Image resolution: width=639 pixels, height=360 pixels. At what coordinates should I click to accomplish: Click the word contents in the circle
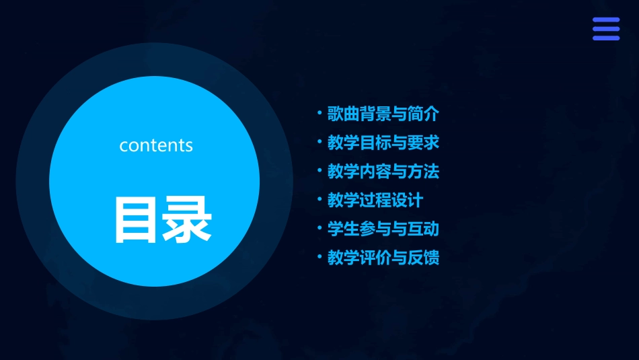click(x=156, y=145)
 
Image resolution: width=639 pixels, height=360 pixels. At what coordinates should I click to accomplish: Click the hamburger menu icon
click(x=606, y=29)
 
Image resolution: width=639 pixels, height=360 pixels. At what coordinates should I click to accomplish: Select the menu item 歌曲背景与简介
click(x=383, y=114)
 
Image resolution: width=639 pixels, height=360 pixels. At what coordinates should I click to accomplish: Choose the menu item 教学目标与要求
click(x=383, y=143)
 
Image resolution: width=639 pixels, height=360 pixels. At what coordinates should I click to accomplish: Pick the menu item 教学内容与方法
click(x=383, y=172)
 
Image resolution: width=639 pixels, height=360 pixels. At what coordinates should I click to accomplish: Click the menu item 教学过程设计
click(x=375, y=200)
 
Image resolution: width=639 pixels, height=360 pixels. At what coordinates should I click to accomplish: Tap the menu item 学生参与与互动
click(x=383, y=229)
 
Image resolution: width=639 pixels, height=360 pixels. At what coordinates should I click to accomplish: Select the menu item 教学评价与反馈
click(x=383, y=258)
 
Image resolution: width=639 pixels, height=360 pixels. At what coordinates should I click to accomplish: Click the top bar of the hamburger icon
click(x=606, y=20)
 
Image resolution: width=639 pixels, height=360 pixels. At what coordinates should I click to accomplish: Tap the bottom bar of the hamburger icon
click(x=606, y=38)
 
